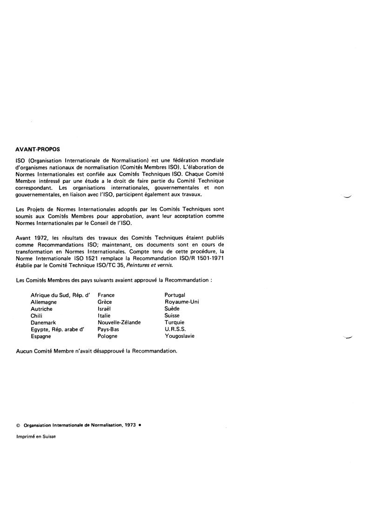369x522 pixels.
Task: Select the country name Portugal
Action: pyautogui.click(x=175, y=295)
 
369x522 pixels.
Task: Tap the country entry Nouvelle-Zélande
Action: pyautogui.click(x=119, y=322)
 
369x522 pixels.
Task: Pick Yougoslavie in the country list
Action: pyautogui.click(x=180, y=336)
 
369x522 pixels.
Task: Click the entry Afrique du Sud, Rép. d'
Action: pyautogui.click(x=60, y=295)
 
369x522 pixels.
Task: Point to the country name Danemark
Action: pyautogui.click(x=43, y=322)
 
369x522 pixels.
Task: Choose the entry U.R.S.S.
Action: pyautogui.click(x=175, y=329)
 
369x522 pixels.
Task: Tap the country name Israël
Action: pyautogui.click(x=105, y=309)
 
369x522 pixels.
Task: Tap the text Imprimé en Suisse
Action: pyautogui.click(x=36, y=423)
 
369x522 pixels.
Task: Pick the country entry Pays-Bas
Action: pyautogui.click(x=109, y=329)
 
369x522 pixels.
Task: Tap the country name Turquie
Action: pyautogui.click(x=174, y=322)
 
